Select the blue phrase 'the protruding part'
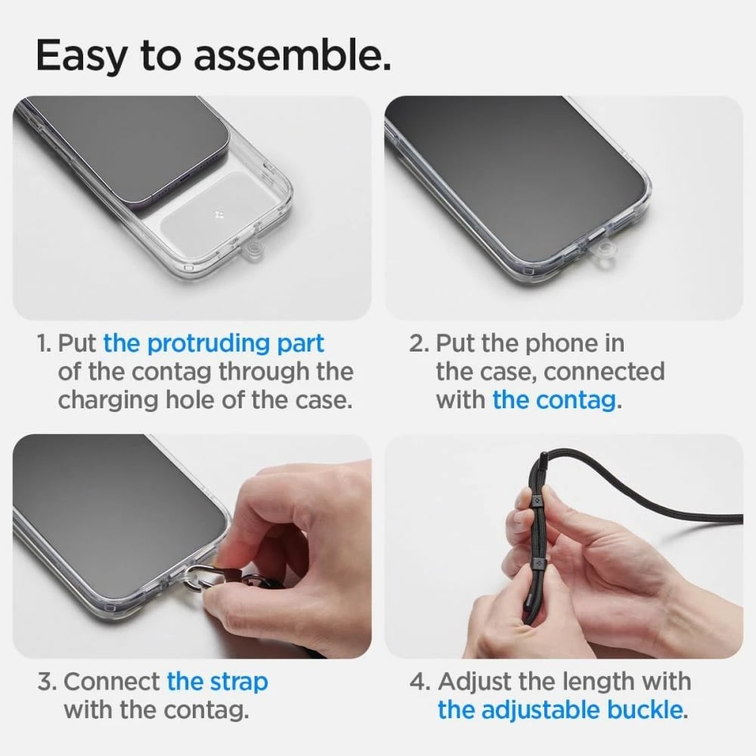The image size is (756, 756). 213,343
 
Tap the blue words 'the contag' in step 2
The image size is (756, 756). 553,399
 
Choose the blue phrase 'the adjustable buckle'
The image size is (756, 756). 560,710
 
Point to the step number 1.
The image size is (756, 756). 44,343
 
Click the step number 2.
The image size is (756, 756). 419,343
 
